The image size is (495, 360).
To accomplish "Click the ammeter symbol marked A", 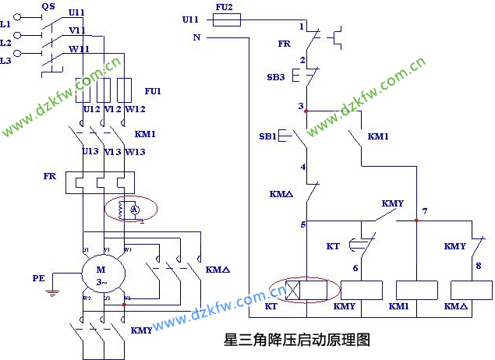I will click(x=133, y=209).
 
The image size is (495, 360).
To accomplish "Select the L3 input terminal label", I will click(x=6, y=59).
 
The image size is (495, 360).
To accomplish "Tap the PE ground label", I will click(x=38, y=277).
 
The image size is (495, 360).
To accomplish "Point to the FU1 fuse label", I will click(x=153, y=91).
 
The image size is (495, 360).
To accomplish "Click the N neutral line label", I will click(x=196, y=37).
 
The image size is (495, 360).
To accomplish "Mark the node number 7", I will click(x=424, y=211).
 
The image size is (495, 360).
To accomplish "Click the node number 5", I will click(x=302, y=225).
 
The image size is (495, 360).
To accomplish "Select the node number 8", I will click(x=478, y=266).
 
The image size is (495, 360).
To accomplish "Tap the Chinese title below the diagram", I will click(x=295, y=340).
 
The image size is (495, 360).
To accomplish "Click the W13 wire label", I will click(x=136, y=151).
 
